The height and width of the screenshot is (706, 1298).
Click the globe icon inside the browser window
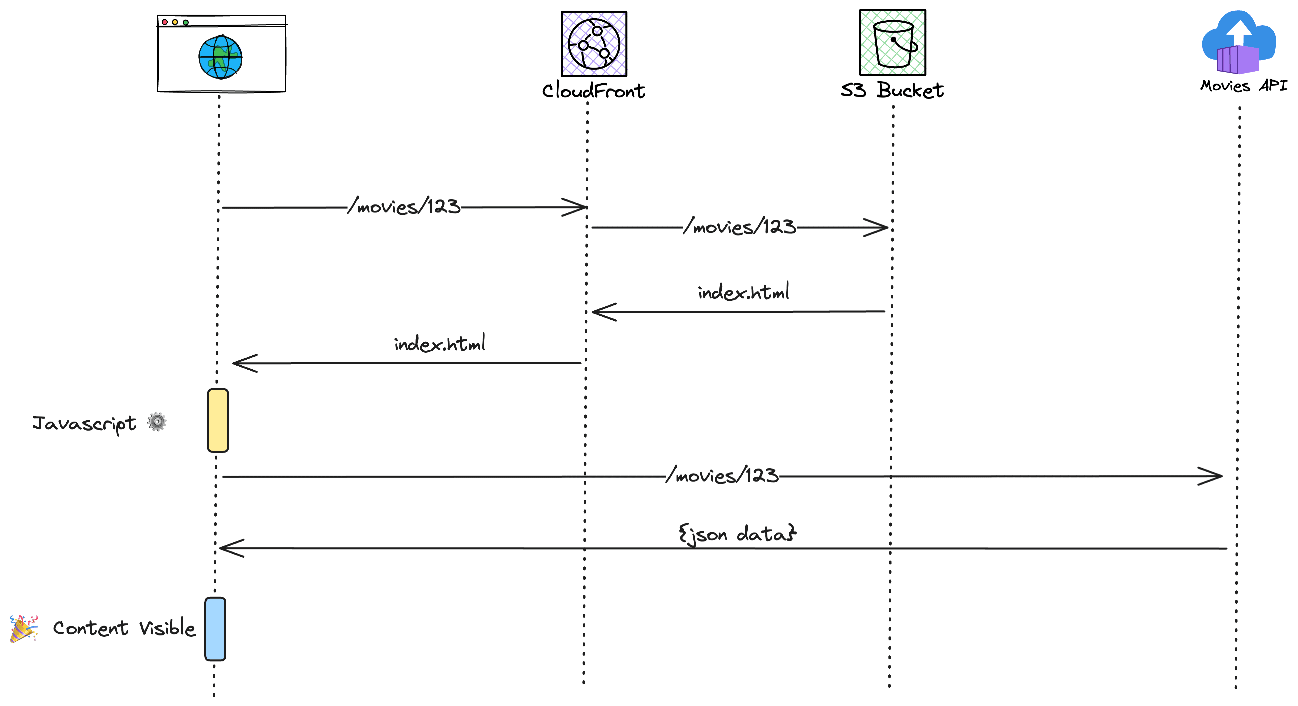(x=220, y=57)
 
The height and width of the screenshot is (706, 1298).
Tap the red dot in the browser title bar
(x=165, y=22)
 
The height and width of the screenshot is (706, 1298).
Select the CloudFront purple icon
(x=594, y=44)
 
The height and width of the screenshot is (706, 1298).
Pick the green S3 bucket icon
(x=892, y=42)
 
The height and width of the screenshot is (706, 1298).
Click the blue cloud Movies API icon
(x=1239, y=43)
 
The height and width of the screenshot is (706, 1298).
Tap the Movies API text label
(x=1243, y=86)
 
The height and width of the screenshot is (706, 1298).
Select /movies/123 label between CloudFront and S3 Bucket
(x=740, y=226)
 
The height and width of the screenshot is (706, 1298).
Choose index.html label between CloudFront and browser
(x=439, y=344)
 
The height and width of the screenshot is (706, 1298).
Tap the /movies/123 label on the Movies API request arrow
(x=722, y=475)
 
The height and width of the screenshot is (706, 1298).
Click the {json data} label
(x=737, y=534)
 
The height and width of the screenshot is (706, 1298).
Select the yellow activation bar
(x=218, y=420)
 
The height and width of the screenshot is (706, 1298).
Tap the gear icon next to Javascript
(x=157, y=422)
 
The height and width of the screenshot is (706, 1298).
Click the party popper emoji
(x=24, y=628)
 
